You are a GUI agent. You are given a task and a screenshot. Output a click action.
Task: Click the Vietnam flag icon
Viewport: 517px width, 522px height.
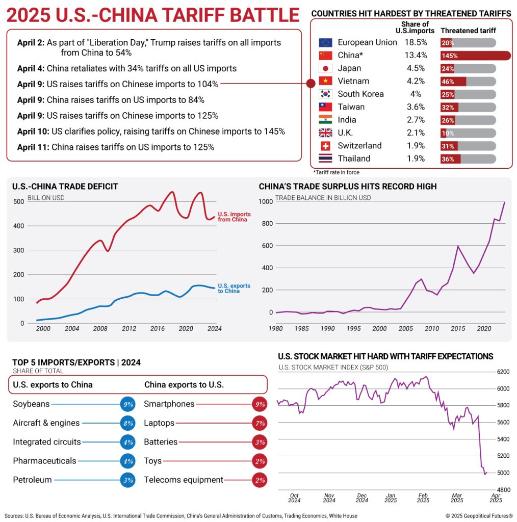point(325,81)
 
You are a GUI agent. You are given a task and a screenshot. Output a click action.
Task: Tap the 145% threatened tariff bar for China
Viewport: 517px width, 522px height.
point(475,56)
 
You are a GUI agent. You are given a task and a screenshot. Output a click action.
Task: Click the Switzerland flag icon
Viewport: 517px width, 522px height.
point(325,146)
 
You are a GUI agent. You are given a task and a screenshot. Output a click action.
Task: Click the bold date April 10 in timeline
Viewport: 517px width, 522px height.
point(33,131)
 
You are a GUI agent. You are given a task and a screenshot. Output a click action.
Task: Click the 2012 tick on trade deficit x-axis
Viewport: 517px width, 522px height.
point(128,329)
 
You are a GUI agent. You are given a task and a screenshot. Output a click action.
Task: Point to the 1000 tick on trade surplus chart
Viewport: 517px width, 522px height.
point(266,201)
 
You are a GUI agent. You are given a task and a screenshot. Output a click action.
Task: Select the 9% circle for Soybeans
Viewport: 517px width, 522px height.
point(127,404)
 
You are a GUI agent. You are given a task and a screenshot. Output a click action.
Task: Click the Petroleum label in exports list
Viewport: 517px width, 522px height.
point(32,480)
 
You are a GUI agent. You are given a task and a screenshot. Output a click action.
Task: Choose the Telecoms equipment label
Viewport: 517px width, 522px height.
point(184,480)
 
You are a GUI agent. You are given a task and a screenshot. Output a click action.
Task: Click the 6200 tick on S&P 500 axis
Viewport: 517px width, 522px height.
point(504,372)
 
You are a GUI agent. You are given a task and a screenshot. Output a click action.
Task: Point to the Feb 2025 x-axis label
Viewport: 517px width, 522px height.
point(423,498)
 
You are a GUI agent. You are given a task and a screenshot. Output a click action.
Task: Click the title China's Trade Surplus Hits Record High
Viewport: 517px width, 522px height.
point(347,187)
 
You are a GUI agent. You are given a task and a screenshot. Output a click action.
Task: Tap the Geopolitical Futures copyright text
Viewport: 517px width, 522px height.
point(479,515)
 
